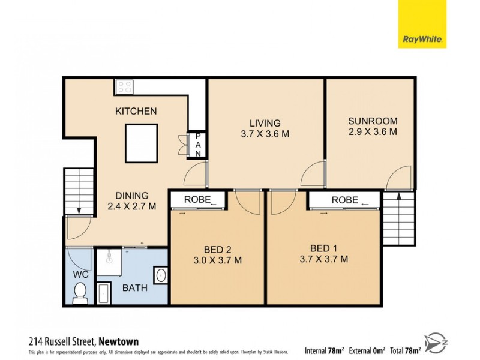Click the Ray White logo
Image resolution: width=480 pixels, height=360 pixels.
pos(422,24)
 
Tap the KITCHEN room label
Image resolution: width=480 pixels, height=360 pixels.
pos(136,111)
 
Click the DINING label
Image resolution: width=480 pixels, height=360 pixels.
pos(132,195)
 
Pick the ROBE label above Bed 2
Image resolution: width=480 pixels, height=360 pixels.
pos(197,200)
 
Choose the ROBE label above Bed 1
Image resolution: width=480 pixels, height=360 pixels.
pos(345,200)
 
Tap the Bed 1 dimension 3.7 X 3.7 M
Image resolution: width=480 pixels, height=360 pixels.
pos(324,259)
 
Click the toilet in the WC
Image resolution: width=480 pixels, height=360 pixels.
pos(79,292)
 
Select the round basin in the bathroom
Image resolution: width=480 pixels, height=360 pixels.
pos(160,276)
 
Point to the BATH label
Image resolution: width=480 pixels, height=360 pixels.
pos(135,288)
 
